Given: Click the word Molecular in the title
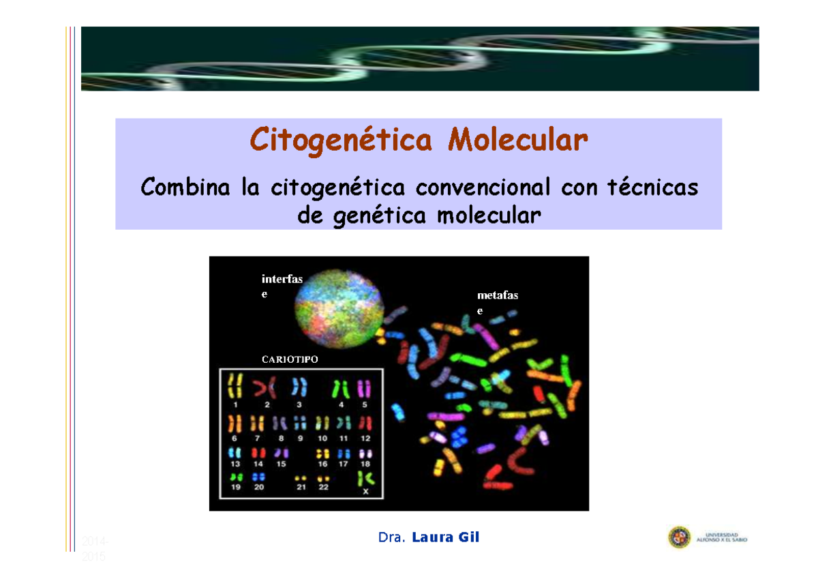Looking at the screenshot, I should pos(517,141).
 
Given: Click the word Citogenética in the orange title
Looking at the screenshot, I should pos(341,141).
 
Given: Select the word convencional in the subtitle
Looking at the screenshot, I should pos(485,187).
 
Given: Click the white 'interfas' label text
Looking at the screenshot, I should pos(282,279).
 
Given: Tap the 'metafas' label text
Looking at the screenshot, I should pos(498,295).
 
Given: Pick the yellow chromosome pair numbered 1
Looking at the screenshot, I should pos(235,387).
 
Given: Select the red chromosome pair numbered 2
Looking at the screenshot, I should pos(266,388).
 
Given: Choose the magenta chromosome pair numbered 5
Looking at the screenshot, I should pos(365,388).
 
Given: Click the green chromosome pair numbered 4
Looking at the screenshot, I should pos(341,388).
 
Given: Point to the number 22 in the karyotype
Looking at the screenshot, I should pos(323,488).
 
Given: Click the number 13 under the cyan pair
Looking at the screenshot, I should pos(235,464).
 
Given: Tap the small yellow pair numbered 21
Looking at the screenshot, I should pos(300,478).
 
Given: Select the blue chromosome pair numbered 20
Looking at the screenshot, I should pos(259,477).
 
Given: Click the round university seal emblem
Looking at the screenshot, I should pos(679,537).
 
